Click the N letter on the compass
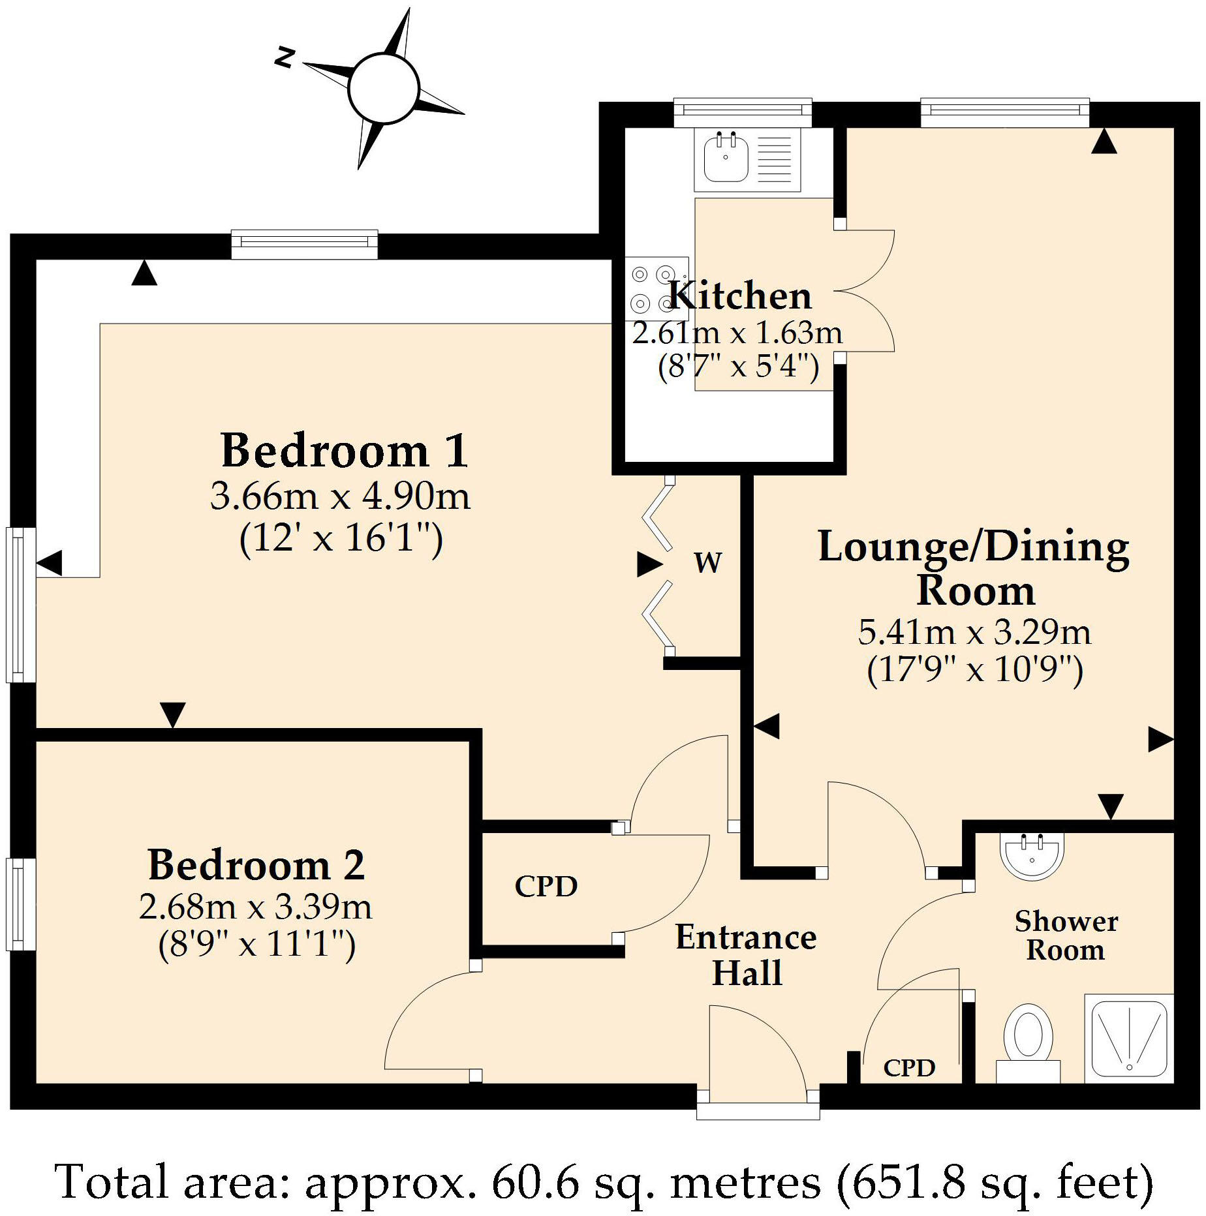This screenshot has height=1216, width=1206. (x=283, y=58)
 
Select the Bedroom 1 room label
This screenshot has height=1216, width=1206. (x=344, y=451)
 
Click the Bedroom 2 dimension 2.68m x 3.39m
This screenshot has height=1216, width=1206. (x=256, y=907)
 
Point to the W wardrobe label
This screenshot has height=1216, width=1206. (x=708, y=562)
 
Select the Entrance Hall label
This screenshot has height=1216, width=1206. (x=746, y=955)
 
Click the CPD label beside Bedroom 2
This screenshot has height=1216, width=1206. (x=546, y=887)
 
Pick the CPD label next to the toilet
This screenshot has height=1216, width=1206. (x=909, y=1068)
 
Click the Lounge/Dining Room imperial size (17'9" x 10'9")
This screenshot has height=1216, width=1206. (x=975, y=669)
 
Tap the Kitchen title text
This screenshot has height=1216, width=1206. (x=741, y=296)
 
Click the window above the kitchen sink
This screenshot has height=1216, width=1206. (x=742, y=112)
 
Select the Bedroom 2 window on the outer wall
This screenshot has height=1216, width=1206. (x=20, y=904)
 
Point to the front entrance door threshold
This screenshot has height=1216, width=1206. (x=758, y=1110)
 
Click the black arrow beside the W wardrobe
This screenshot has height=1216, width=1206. (x=649, y=564)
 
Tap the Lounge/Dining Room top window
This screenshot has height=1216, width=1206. (x=1004, y=112)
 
